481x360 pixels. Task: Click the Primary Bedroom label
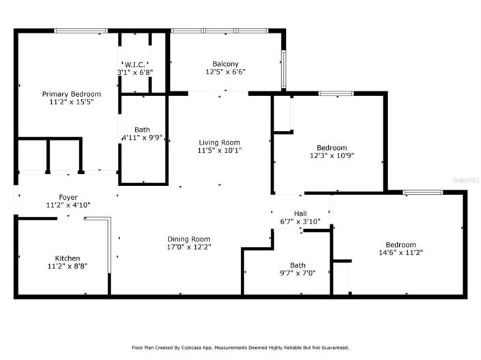tap(72, 94)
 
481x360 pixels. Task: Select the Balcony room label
tap(225, 63)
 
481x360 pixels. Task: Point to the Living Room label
tap(220, 142)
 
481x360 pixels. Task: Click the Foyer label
tap(68, 196)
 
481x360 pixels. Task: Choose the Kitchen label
tap(68, 258)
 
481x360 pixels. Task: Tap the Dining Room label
tap(189, 239)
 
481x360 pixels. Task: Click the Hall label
tap(300, 213)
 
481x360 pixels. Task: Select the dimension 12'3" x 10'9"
tap(332, 155)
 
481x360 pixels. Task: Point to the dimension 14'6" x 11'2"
tap(400, 252)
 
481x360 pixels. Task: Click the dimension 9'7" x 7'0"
tap(298, 273)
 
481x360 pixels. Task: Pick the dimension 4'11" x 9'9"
tap(142, 137)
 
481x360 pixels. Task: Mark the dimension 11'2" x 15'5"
tap(72, 102)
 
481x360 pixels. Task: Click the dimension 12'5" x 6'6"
tap(225, 71)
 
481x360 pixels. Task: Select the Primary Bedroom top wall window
tap(81, 31)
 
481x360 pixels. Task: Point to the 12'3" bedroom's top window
tap(332, 93)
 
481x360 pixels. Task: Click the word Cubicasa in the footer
tap(205, 346)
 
